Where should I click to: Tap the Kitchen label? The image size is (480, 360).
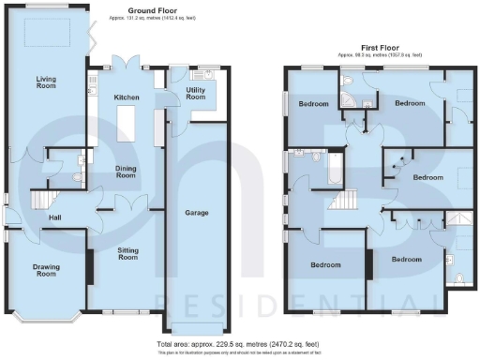point(127,97)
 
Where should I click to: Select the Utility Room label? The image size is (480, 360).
point(196,93)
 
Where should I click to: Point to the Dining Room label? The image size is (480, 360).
point(127,172)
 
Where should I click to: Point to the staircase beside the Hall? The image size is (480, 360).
point(43,200)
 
